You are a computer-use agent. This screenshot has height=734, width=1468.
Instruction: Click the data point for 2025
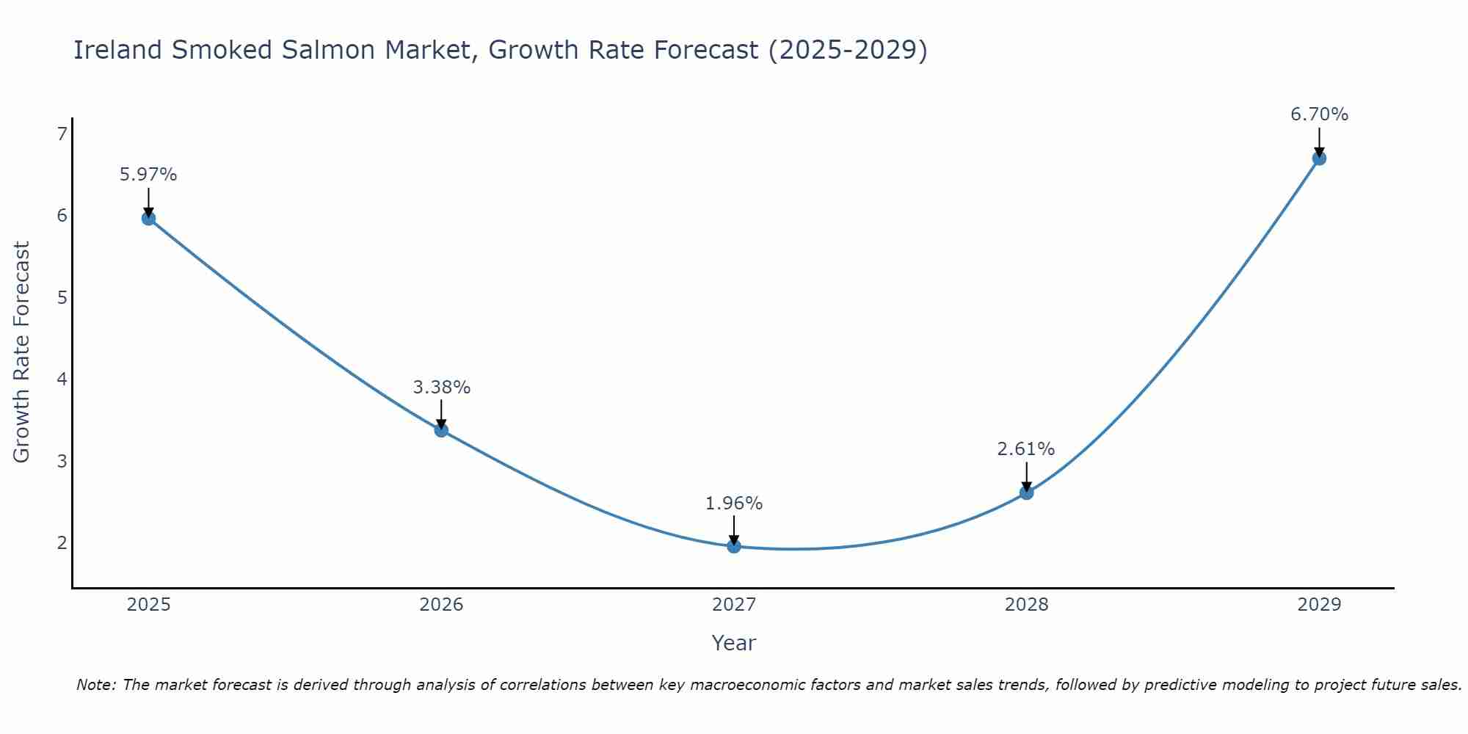pos(148,218)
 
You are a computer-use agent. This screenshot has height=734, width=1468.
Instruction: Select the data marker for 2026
pos(441,430)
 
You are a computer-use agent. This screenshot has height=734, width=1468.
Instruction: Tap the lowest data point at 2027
pos(734,546)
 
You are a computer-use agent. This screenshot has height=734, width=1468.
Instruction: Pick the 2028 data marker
pos(1026,493)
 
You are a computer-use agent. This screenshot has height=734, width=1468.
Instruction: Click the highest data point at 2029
pos(1319,159)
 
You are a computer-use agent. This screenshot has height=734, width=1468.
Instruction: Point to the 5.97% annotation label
pos(148,175)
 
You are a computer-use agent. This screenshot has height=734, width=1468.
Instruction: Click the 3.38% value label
pos(441,387)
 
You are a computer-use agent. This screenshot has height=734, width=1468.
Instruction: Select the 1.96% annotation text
pos(734,504)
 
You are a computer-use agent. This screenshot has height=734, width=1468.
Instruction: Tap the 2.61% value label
pos(1026,448)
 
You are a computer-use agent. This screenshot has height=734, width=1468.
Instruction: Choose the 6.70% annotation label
pos(1319,115)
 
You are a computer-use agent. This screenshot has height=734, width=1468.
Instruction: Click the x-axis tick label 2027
pos(734,605)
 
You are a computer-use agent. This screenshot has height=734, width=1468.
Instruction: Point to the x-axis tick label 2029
pos(1319,605)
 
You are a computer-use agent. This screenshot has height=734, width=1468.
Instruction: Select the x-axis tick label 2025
pos(148,605)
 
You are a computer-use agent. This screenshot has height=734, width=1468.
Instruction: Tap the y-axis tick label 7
pos(62,134)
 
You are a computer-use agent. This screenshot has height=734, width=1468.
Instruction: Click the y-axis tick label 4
pos(62,379)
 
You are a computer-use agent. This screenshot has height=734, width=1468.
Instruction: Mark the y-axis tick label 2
pos(62,543)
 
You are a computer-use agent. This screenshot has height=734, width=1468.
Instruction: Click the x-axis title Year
pos(734,643)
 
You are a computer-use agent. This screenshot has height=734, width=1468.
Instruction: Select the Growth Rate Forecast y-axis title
pos(22,352)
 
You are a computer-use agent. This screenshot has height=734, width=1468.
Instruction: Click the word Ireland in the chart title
pos(117,50)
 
